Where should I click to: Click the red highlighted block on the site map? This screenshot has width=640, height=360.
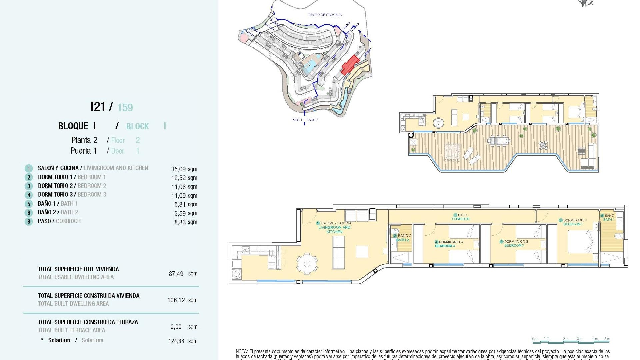pos(349,65)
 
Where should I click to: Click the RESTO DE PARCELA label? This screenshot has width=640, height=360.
pos(325,15)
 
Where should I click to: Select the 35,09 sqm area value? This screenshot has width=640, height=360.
pos(184,169)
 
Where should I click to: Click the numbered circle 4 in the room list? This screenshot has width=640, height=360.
pos(29,195)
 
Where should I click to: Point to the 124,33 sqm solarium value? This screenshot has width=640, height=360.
pos(183,341)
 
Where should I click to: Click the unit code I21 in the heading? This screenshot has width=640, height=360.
pos(98,107)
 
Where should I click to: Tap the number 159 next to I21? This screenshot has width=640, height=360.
pos(125,108)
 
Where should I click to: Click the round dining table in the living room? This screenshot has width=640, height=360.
pos(307,264)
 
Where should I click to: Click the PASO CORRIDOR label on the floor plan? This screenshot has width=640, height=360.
pos(461,217)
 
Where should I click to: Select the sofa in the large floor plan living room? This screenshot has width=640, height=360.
pos(339,252)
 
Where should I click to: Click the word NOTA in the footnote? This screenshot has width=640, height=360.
pos(241,351)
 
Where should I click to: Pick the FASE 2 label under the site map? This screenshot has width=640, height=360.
pos(312,120)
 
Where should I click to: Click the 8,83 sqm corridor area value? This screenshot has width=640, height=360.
pos(186,222)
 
